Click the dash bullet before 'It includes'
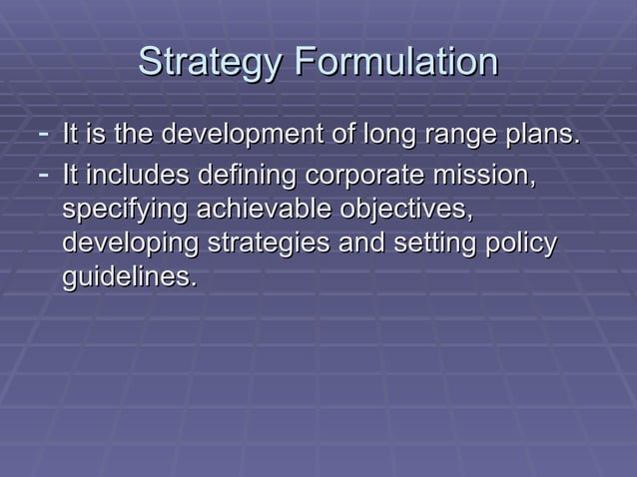tap(42, 176)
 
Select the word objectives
tap(406, 211)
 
